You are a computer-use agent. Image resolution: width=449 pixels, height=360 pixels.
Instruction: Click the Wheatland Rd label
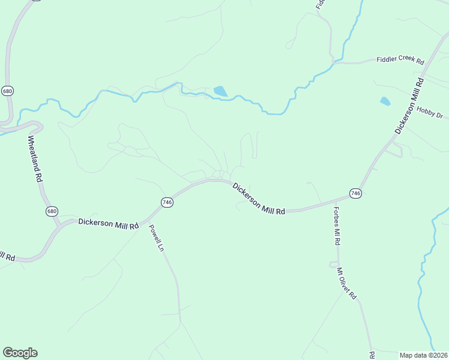point(35,159)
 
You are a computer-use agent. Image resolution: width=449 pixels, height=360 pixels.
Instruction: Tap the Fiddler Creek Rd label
point(400,61)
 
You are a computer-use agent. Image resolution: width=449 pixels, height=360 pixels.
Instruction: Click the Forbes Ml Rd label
point(337,226)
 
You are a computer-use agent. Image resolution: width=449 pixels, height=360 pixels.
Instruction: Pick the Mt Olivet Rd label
point(347,284)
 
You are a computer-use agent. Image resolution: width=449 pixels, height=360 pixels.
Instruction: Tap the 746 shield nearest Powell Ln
point(167,203)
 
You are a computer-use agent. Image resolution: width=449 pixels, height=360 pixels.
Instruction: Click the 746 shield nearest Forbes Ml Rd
point(355,193)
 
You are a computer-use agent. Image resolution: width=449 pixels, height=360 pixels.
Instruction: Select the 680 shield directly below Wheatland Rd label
point(52,211)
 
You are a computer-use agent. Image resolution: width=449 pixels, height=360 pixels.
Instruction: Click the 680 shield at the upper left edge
point(7,91)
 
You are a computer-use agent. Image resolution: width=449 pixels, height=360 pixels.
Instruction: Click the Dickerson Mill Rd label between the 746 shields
point(259,198)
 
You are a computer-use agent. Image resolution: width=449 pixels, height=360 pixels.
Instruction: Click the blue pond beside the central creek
point(220,91)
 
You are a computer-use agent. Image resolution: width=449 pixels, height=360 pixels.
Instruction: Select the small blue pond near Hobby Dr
point(385,101)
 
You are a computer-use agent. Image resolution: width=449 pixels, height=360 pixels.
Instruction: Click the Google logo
point(20,353)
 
